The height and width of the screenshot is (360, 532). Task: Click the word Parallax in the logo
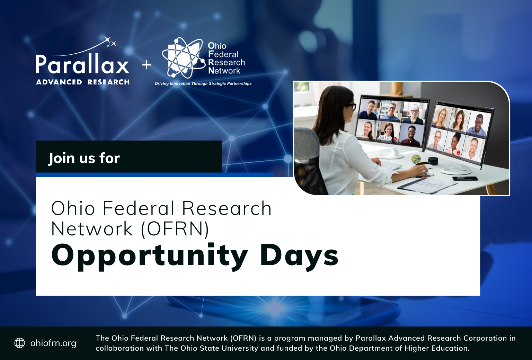click(82, 64)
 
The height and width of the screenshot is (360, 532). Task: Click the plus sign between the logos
click(147, 65)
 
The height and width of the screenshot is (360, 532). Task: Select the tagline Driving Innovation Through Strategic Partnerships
click(203, 83)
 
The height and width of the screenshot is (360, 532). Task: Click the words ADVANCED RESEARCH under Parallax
click(83, 82)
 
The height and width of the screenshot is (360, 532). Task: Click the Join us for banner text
click(84, 158)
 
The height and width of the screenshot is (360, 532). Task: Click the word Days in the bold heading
click(299, 256)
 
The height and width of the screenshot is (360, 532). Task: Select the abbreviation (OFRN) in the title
click(175, 229)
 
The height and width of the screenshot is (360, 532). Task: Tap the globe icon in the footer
click(19, 343)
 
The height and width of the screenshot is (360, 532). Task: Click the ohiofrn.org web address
click(53, 343)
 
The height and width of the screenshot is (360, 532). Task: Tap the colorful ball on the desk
click(416, 159)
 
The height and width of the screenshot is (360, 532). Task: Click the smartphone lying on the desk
click(465, 179)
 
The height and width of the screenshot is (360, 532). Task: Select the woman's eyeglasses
click(351, 106)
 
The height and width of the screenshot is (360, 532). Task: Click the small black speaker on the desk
click(433, 160)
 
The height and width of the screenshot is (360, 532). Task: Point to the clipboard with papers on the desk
click(427, 185)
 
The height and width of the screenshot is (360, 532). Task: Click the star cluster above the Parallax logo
click(110, 42)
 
